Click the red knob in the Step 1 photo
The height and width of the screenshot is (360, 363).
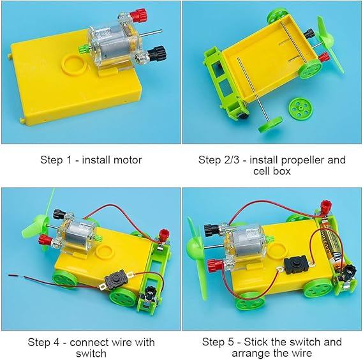pyautogui.click(x=138, y=15)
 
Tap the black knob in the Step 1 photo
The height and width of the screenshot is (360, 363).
pyautogui.click(x=158, y=54)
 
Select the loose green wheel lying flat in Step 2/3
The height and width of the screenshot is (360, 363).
pyautogui.click(x=300, y=107)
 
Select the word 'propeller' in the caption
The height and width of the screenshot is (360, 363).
pyautogui.click(x=298, y=160)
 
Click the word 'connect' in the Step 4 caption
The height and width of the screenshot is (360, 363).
pyautogui.click(x=89, y=342)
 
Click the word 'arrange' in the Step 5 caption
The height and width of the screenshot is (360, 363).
pyautogui.click(x=251, y=354)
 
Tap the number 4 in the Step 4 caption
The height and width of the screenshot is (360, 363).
pyautogui.click(x=56, y=342)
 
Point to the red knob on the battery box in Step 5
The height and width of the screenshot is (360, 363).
pyautogui.click(x=326, y=206)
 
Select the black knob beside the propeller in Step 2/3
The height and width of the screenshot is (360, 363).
pyautogui.click(x=309, y=34)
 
